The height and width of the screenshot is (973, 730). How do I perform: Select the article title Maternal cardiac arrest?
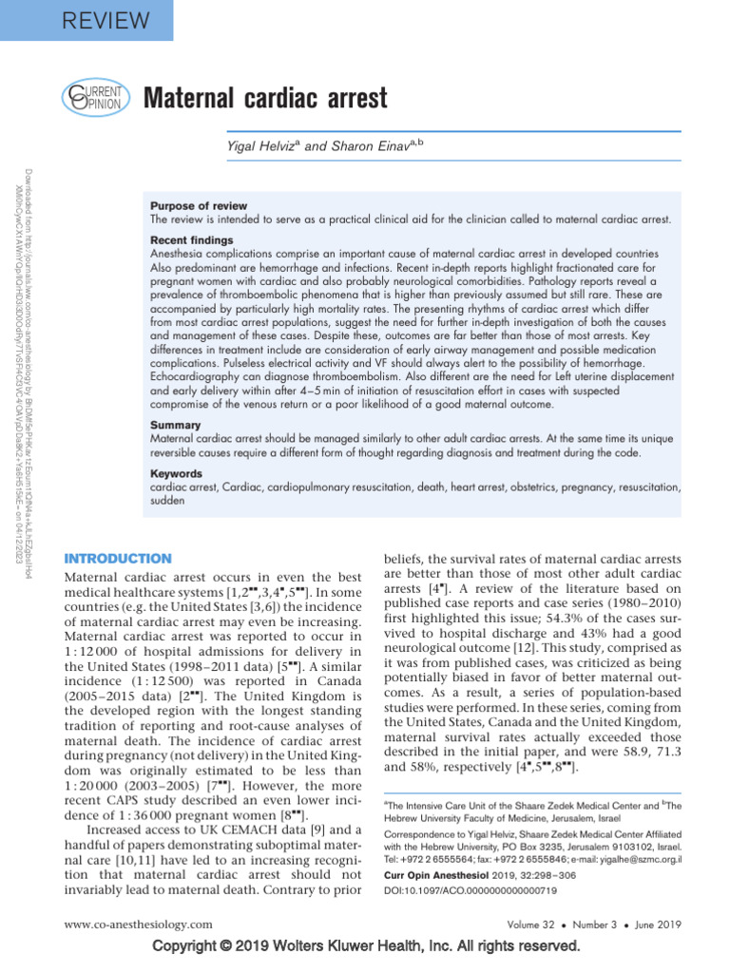264,98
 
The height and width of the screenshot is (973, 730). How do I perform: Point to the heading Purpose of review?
199,206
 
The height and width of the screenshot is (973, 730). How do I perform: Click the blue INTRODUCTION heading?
117,559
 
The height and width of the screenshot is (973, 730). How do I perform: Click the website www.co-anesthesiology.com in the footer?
138,924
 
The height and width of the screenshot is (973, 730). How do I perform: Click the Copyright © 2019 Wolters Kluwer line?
365,947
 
